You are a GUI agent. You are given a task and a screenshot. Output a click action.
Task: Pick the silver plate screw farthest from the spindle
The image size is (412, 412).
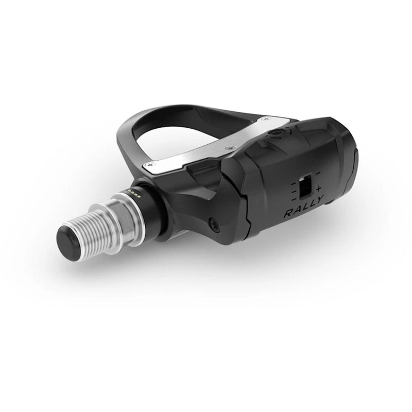(x=265, y=119)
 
